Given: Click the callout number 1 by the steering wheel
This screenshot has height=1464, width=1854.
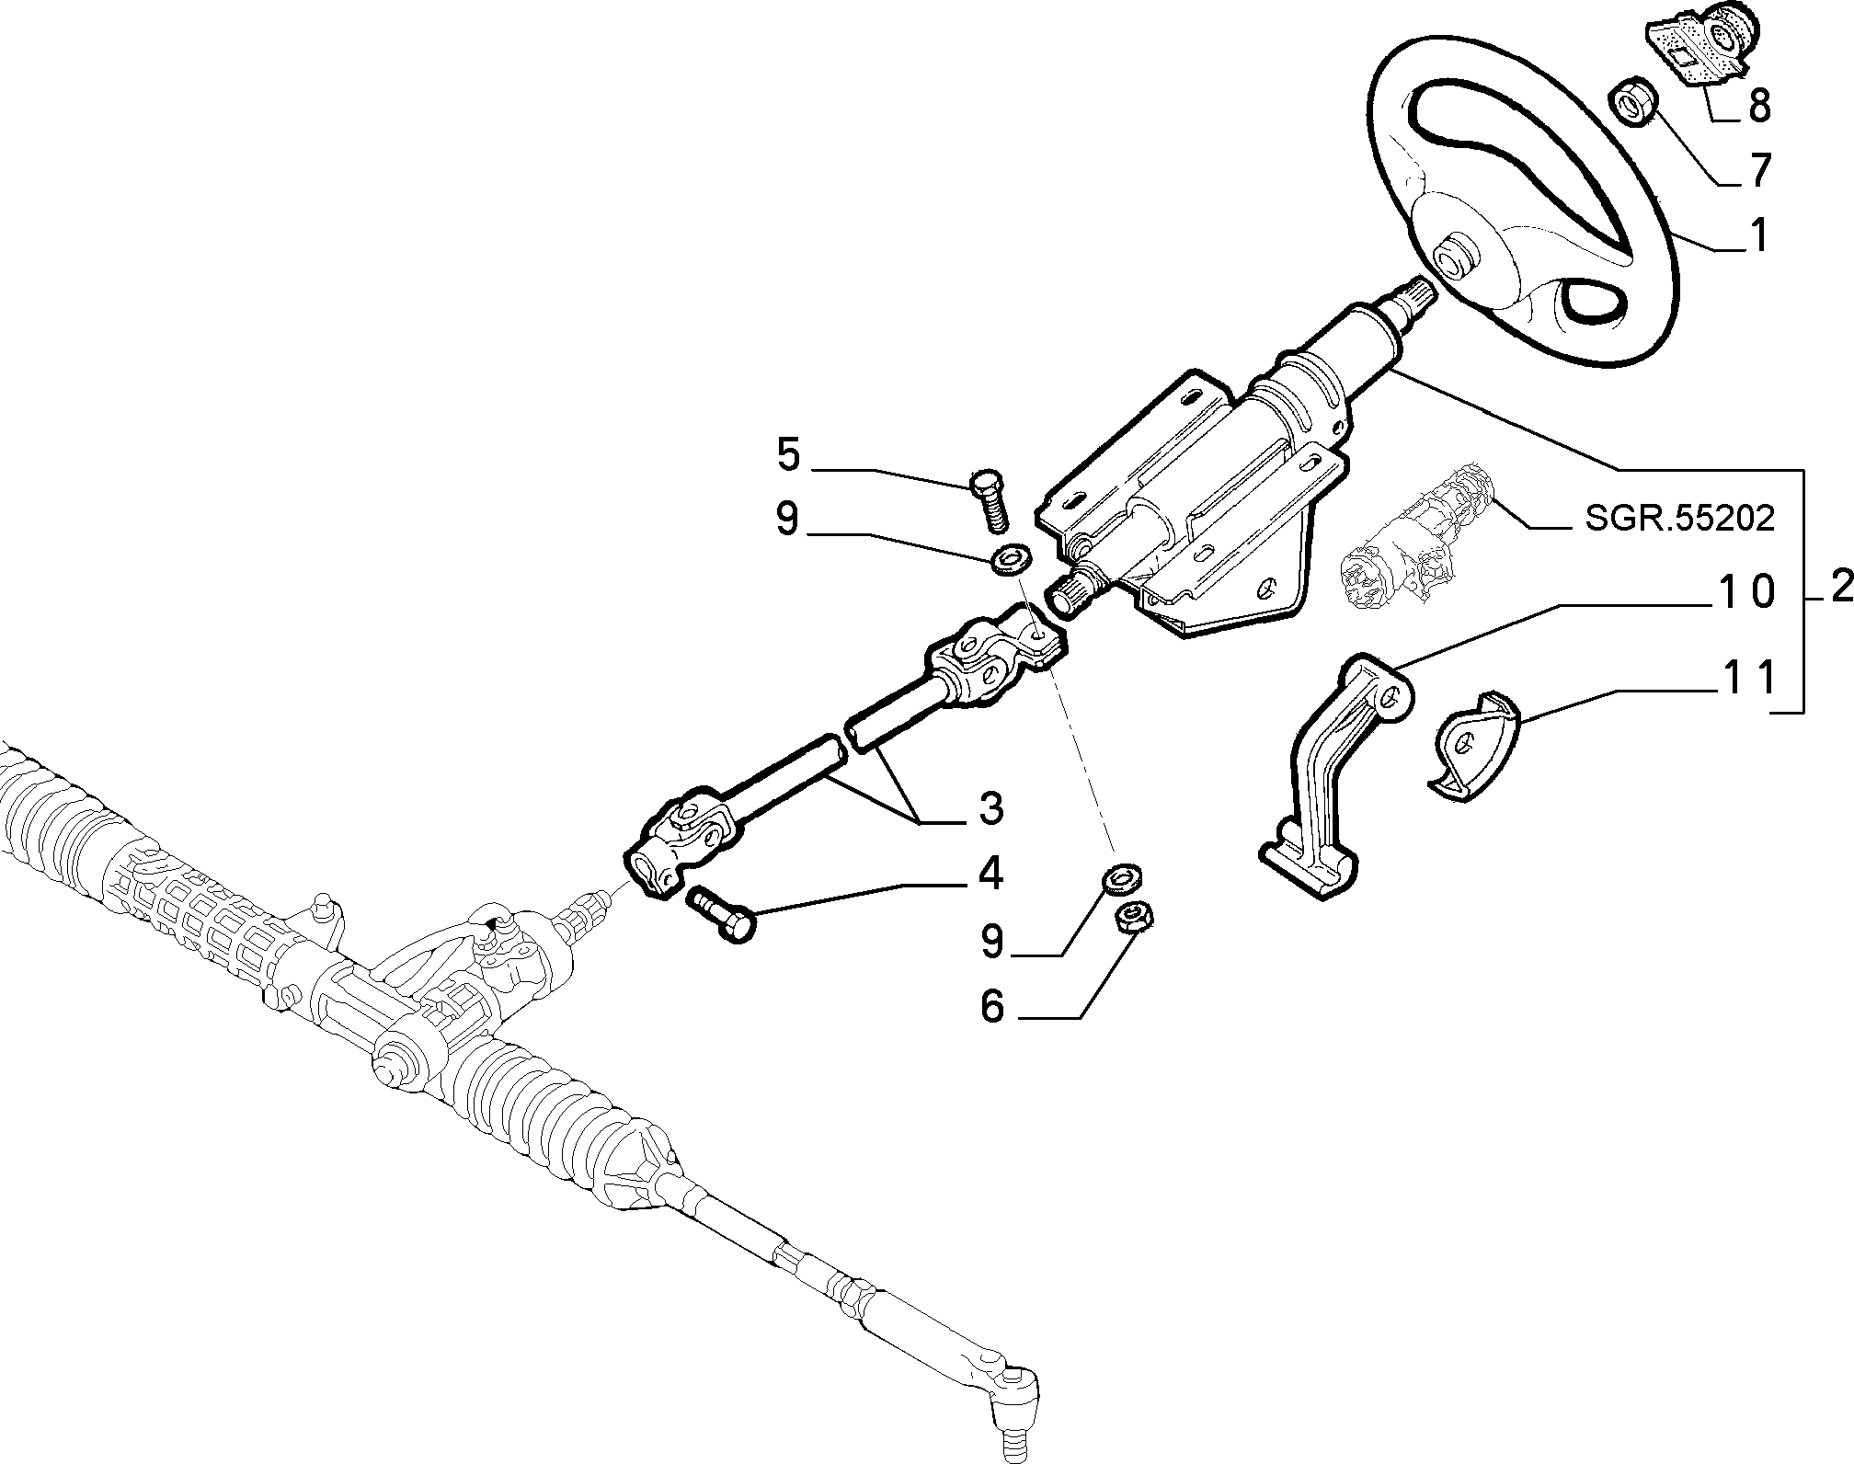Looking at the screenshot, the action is pyautogui.click(x=1757, y=235).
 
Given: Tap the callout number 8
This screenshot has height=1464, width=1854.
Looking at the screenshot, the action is pyautogui.click(x=1758, y=106).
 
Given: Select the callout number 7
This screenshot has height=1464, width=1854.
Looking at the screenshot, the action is pyautogui.click(x=1758, y=171).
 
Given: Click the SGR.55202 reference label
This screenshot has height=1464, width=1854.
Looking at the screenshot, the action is pyautogui.click(x=1679, y=520).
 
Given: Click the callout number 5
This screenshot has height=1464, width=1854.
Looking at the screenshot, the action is pyautogui.click(x=788, y=456).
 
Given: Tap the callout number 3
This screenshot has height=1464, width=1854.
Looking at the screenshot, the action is pyautogui.click(x=990, y=808).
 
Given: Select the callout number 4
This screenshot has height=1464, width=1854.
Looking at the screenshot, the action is pyautogui.click(x=990, y=873).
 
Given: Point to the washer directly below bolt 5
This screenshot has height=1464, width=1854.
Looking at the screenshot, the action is pyautogui.click(x=1012, y=556).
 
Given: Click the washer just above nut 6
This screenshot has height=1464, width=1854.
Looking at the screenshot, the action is pyautogui.click(x=1119, y=878).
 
